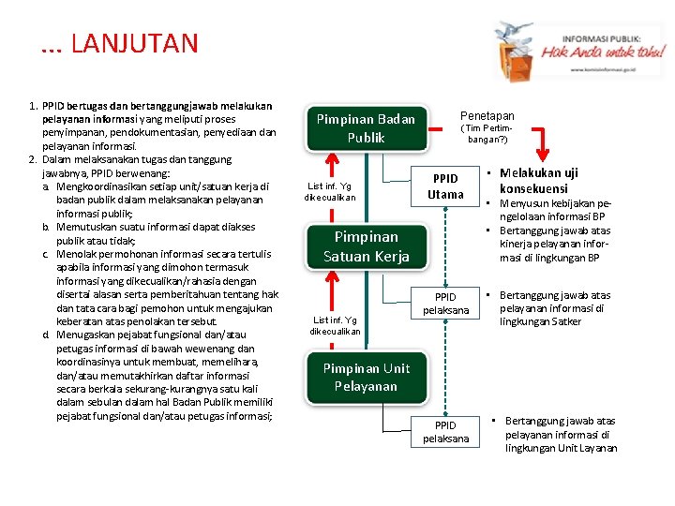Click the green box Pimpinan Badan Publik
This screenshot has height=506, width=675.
coord(366,128)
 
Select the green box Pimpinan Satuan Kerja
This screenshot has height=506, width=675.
coord(367,246)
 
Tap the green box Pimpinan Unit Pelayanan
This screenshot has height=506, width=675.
coord(366,377)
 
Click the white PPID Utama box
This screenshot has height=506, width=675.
coord(445,186)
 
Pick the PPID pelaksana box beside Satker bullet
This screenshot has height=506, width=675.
coord(445,304)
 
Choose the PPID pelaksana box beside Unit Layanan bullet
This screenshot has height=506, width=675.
coord(445,432)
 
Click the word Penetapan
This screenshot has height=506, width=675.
coord(487,116)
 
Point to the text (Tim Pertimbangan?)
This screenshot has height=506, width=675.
coord(487,133)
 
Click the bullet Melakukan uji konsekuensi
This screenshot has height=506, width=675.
coord(538,180)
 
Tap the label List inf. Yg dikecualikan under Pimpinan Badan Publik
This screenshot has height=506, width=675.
coord(329,191)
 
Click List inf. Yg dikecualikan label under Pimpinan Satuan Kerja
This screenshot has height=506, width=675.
coord(335,325)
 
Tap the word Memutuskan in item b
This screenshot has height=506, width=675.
coord(89,227)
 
